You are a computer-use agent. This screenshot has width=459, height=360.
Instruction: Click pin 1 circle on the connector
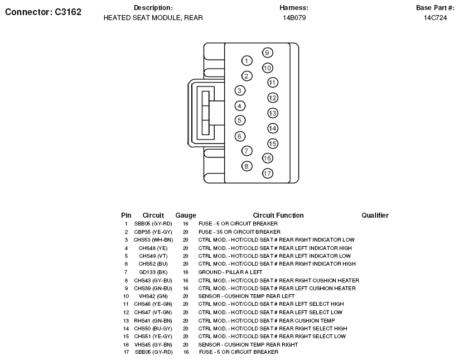coord(247,60)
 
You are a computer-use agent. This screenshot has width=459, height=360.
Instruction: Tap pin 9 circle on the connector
coord(267,53)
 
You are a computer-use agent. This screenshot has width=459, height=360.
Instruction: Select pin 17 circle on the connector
coord(267,173)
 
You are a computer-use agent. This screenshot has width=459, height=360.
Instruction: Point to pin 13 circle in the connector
coord(272,113)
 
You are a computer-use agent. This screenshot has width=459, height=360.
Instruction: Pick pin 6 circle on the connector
coord(240,136)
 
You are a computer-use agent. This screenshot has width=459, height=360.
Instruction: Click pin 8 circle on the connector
coord(247,166)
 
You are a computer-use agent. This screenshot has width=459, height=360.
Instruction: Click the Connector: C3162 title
coord(43,11)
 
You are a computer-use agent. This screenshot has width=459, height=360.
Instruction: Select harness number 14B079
coord(294,18)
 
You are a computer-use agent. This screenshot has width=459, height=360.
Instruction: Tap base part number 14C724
coord(435,18)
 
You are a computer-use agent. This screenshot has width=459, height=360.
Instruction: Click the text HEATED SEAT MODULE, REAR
coord(153,18)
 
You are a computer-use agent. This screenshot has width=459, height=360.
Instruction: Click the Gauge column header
coord(186,215)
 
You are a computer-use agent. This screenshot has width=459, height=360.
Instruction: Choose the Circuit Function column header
coord(278,215)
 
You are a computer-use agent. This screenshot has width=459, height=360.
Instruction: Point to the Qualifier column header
coord(375,215)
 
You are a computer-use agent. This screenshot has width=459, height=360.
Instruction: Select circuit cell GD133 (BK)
coord(153,272)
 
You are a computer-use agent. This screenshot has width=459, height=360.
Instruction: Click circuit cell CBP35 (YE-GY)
coord(153,232)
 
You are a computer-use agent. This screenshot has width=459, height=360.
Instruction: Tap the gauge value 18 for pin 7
coord(186,272)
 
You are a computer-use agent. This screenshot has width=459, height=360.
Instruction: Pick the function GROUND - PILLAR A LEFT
coord(230,272)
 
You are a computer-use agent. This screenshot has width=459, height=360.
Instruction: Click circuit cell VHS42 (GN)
coord(153,296)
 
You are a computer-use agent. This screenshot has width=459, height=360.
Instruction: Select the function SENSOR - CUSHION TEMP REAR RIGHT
coord(248,344)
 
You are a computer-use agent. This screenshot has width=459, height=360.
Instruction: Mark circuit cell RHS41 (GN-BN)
coord(153,320)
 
